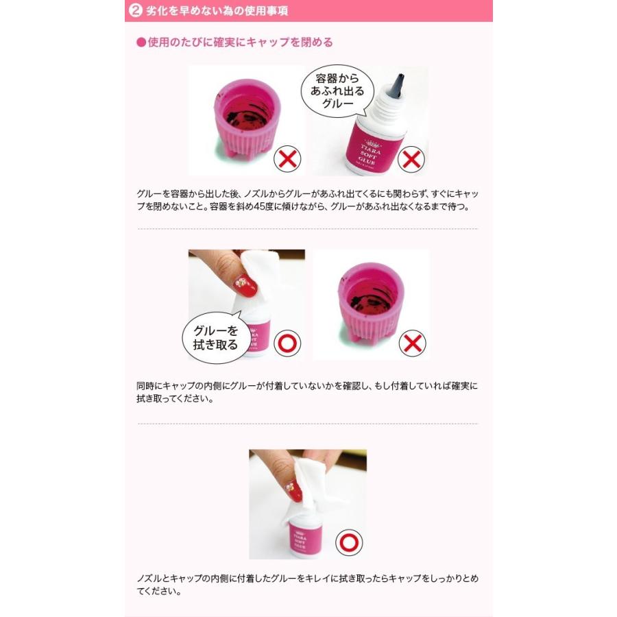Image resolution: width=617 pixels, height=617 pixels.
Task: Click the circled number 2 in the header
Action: [136, 10]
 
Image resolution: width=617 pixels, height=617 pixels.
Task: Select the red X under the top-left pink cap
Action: [287, 159]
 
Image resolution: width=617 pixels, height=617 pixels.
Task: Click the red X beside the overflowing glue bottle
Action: [411, 159]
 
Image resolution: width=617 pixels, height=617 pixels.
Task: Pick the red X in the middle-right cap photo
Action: [411, 343]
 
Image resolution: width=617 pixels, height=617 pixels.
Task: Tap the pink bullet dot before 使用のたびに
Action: [141, 43]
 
